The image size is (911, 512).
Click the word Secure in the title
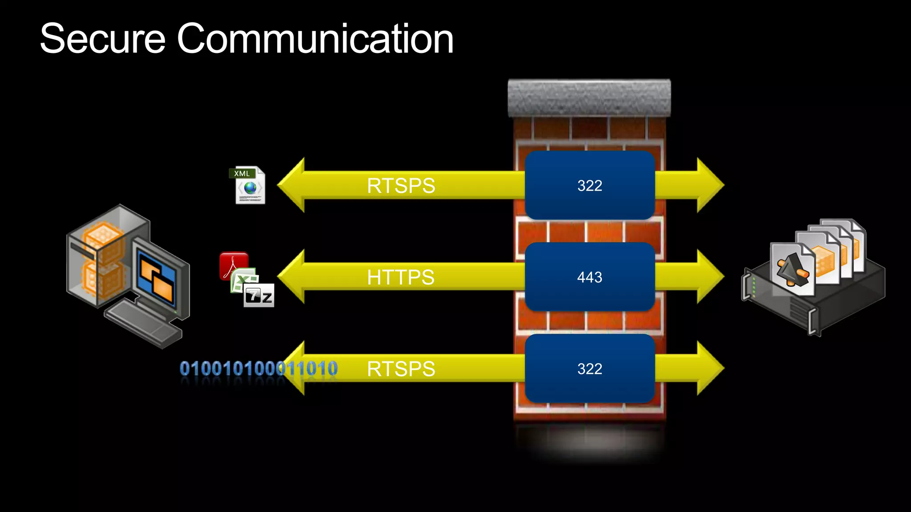103,39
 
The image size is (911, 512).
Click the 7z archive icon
259,296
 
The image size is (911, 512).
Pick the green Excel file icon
242,280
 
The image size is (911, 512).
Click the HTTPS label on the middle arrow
400,277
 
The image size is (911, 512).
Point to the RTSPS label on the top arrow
401,186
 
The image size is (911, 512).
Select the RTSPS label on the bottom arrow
401,369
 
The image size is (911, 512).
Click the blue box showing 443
589,277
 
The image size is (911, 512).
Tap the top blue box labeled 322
589,185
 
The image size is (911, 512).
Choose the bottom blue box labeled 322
589,368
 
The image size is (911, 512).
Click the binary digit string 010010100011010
258,369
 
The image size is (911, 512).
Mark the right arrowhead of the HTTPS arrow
709,277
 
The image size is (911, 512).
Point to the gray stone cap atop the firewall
589,98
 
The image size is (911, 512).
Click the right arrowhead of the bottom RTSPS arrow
709,368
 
